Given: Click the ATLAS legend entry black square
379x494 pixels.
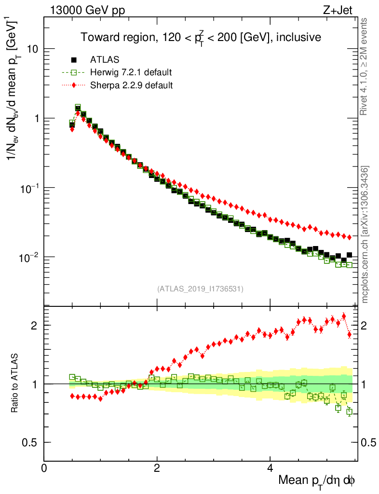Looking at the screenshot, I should click(74, 60).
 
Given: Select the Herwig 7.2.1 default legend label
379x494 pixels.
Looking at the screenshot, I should click(131, 72).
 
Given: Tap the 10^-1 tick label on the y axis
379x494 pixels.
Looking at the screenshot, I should click(30, 187).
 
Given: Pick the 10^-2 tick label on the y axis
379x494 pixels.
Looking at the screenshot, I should click(30, 256).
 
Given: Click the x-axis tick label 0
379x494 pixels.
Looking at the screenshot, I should click(44, 468).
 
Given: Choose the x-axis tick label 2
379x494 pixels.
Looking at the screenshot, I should click(157, 468).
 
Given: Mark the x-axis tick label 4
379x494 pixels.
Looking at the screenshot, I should click(270, 468).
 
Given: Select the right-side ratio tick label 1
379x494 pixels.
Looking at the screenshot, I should click(365, 384).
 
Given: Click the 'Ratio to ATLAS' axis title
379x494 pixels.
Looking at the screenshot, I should click(15, 382).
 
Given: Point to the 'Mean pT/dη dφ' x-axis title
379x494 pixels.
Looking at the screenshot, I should click(317, 480).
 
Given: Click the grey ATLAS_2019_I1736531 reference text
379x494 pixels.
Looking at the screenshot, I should click(200, 289).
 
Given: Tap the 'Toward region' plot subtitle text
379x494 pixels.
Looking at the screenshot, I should click(201, 37).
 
